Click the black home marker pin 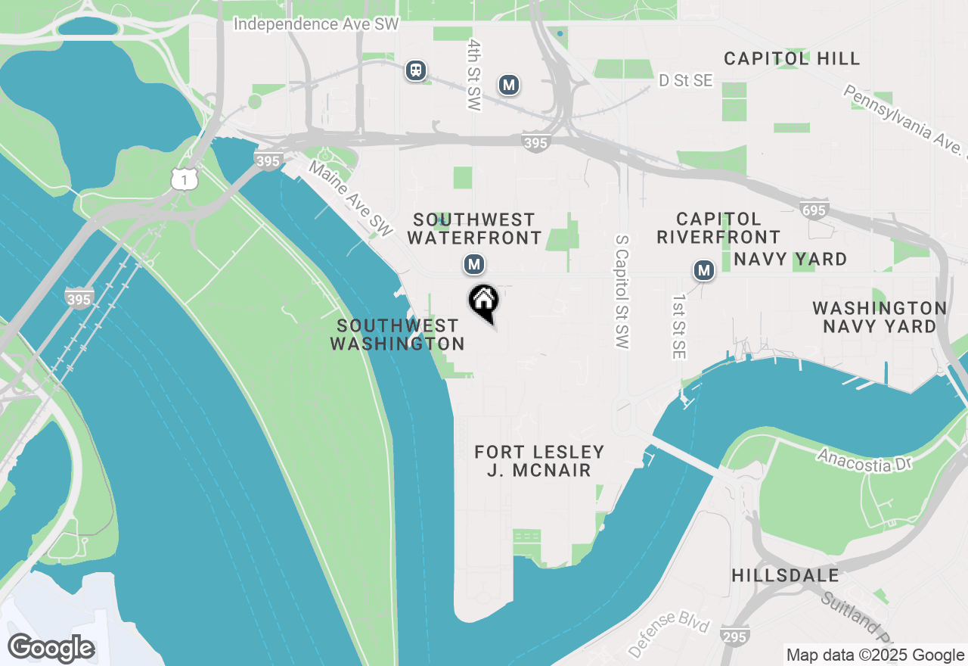484,302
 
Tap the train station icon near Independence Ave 415,70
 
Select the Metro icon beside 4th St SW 509,85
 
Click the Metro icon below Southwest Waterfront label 474,264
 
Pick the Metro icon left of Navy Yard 704,269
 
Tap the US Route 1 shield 185,179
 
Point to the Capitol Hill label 792,58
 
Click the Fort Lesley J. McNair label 539,461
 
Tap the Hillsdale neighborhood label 785,575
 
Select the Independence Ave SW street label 315,24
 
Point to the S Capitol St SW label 622,291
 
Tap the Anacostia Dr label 865,460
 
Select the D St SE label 686,80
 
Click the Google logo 51,648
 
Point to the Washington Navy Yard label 880,317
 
